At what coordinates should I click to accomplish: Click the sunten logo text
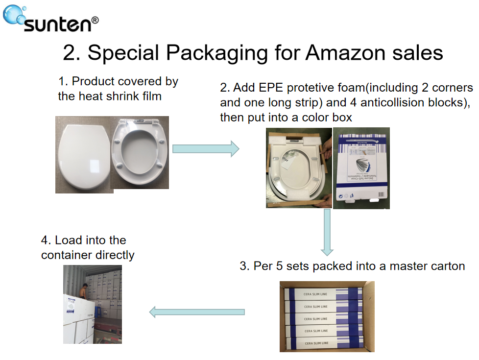(61, 23)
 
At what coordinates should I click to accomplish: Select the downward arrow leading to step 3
(327, 233)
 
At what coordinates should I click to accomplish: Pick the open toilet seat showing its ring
(141, 153)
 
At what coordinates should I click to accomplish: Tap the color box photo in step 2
(361, 168)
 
